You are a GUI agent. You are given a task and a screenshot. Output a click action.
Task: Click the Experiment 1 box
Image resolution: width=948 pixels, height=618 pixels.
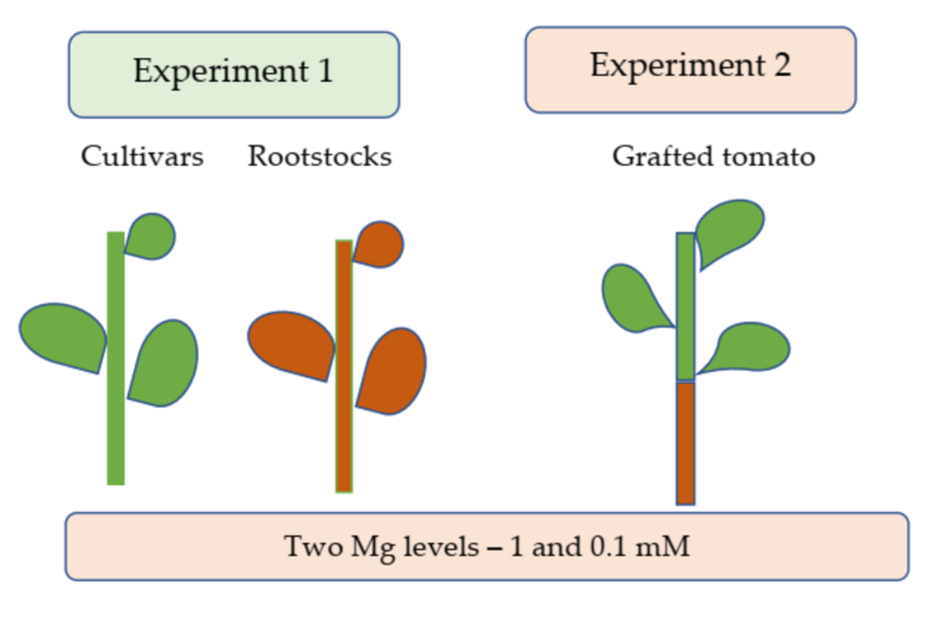click(233, 74)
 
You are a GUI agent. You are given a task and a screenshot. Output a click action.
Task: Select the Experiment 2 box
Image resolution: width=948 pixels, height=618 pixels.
click(690, 69)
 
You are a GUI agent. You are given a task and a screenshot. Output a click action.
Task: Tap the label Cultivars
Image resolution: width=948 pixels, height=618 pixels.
click(142, 157)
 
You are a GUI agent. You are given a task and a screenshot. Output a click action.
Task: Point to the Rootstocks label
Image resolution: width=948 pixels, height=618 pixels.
click(320, 157)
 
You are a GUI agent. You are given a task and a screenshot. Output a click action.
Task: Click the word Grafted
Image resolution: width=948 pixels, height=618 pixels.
click(662, 157)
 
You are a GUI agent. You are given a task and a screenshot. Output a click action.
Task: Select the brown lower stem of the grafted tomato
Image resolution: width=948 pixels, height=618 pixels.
click(685, 443)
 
